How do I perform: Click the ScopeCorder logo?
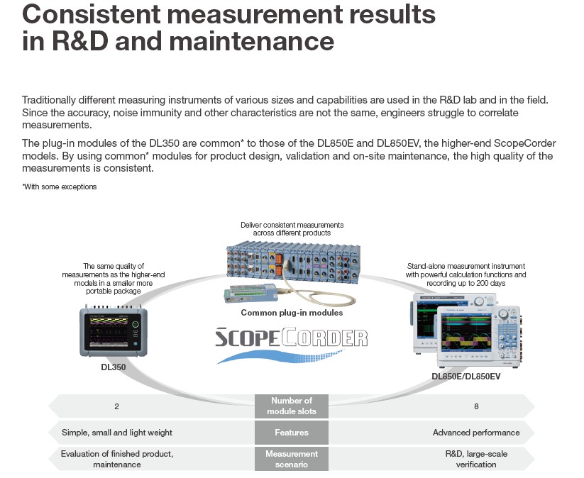(291, 344)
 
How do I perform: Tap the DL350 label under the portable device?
(114, 367)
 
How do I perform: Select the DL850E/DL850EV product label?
(466, 377)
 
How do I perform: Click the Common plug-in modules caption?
(292, 313)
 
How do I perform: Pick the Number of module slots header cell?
(292, 406)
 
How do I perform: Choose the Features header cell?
(292, 433)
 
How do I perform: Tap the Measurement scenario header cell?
(292, 459)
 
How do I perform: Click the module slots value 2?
(116, 406)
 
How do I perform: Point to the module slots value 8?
(476, 406)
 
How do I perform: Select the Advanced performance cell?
(476, 433)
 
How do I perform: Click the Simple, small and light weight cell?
(117, 433)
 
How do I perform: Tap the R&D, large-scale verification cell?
(476, 459)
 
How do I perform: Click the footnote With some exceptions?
(59, 187)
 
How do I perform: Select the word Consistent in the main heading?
(92, 14)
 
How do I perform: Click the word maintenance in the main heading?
(252, 41)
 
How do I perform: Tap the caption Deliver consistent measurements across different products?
(292, 229)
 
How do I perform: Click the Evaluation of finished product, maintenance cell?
(117, 459)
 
